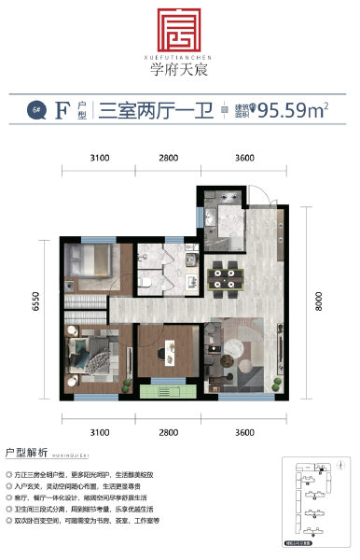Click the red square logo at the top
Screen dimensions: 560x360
coord(179,32)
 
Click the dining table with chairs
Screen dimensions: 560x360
coord(225,274)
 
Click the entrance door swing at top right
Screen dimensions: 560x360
coord(265,201)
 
